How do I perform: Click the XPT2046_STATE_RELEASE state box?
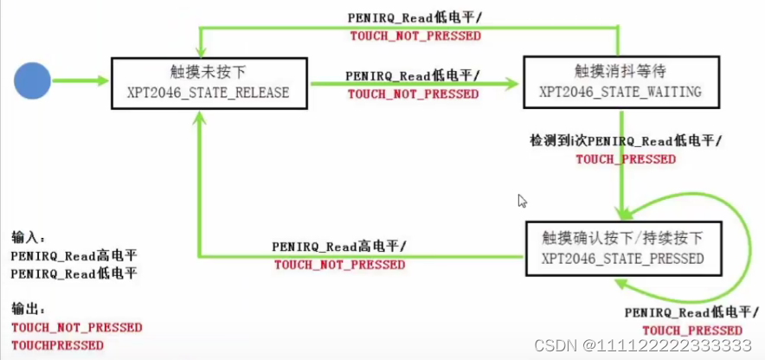tap(209, 83)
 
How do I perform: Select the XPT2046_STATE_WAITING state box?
tap(620, 83)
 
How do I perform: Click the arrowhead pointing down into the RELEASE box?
tap(202, 50)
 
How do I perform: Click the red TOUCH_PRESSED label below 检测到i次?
tap(626, 159)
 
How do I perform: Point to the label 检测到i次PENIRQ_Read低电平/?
tap(626, 140)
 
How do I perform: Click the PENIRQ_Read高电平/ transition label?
tap(338, 247)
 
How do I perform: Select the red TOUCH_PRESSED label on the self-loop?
tap(691, 330)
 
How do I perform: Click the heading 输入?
tap(29, 236)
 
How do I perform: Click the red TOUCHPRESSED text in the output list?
tap(57, 345)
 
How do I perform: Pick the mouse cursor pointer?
tap(523, 201)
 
